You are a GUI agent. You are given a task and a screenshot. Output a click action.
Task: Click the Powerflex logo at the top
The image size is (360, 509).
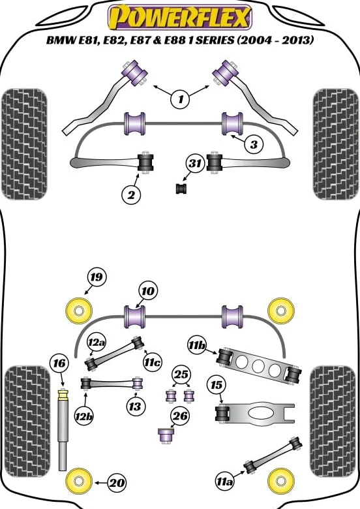tap(180, 17)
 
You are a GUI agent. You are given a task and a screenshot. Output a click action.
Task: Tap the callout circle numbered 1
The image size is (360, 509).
tap(181, 99)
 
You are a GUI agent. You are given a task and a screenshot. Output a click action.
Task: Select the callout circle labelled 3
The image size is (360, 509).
tap(254, 144)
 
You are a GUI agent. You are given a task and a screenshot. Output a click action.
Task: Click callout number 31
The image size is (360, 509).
tap(194, 163)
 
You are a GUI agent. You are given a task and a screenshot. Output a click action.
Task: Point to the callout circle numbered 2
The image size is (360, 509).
tap(131, 195)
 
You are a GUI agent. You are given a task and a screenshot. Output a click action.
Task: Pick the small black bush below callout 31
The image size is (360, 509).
tap(181, 189)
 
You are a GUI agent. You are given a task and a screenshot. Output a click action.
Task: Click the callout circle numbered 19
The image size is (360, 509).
tap(97, 277)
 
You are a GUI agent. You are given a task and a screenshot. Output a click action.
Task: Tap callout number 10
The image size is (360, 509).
tap(148, 291)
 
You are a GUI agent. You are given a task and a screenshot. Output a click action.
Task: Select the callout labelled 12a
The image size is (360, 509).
tap(97, 342)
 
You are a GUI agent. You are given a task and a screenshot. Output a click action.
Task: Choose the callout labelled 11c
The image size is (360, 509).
tap(152, 362)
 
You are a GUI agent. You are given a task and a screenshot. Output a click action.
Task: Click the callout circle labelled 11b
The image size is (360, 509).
tap(197, 346)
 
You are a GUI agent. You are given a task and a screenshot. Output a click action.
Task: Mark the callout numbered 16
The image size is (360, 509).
tap(59, 363)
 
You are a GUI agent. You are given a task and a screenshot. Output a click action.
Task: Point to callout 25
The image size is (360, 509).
tap(181, 375)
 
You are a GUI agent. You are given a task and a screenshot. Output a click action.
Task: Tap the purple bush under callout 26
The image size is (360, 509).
tap(166, 436)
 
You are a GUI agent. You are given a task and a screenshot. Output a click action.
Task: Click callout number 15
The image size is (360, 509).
tap(216, 385)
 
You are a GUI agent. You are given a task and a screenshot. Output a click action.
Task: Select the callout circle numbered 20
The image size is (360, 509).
tap(117, 483)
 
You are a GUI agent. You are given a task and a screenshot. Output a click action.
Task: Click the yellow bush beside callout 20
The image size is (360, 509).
tap(78, 481)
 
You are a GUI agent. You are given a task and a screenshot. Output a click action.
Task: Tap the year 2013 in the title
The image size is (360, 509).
tap(297, 40)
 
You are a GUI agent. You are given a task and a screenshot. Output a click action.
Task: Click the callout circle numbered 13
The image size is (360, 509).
tap(134, 406)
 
